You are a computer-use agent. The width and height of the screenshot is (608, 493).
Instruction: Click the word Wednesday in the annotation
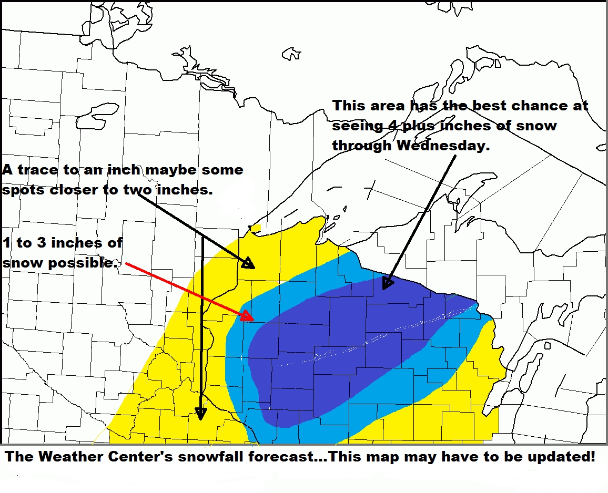pyautogui.click(x=443, y=146)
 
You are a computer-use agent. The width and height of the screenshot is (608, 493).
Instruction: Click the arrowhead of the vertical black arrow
pyautogui.click(x=200, y=414)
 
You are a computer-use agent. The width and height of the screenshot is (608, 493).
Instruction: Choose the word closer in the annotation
pyautogui.click(x=75, y=190)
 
